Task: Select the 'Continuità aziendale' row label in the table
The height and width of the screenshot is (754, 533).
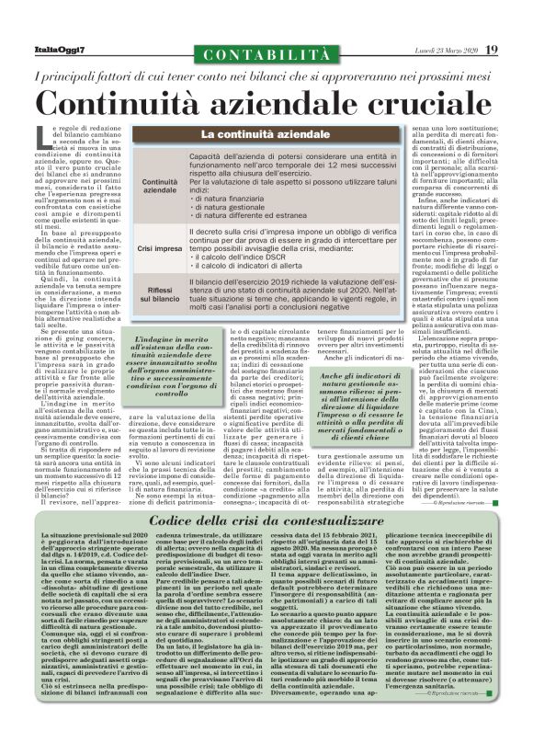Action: click(161, 187)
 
